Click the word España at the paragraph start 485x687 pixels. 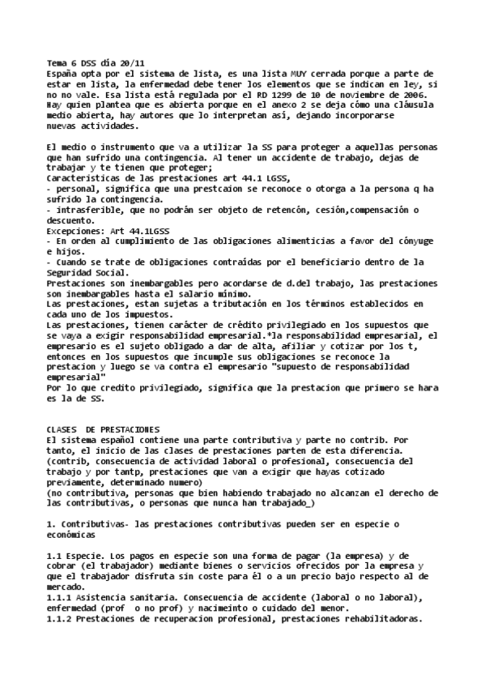coord(62,74)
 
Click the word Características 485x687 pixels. coord(87,178)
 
